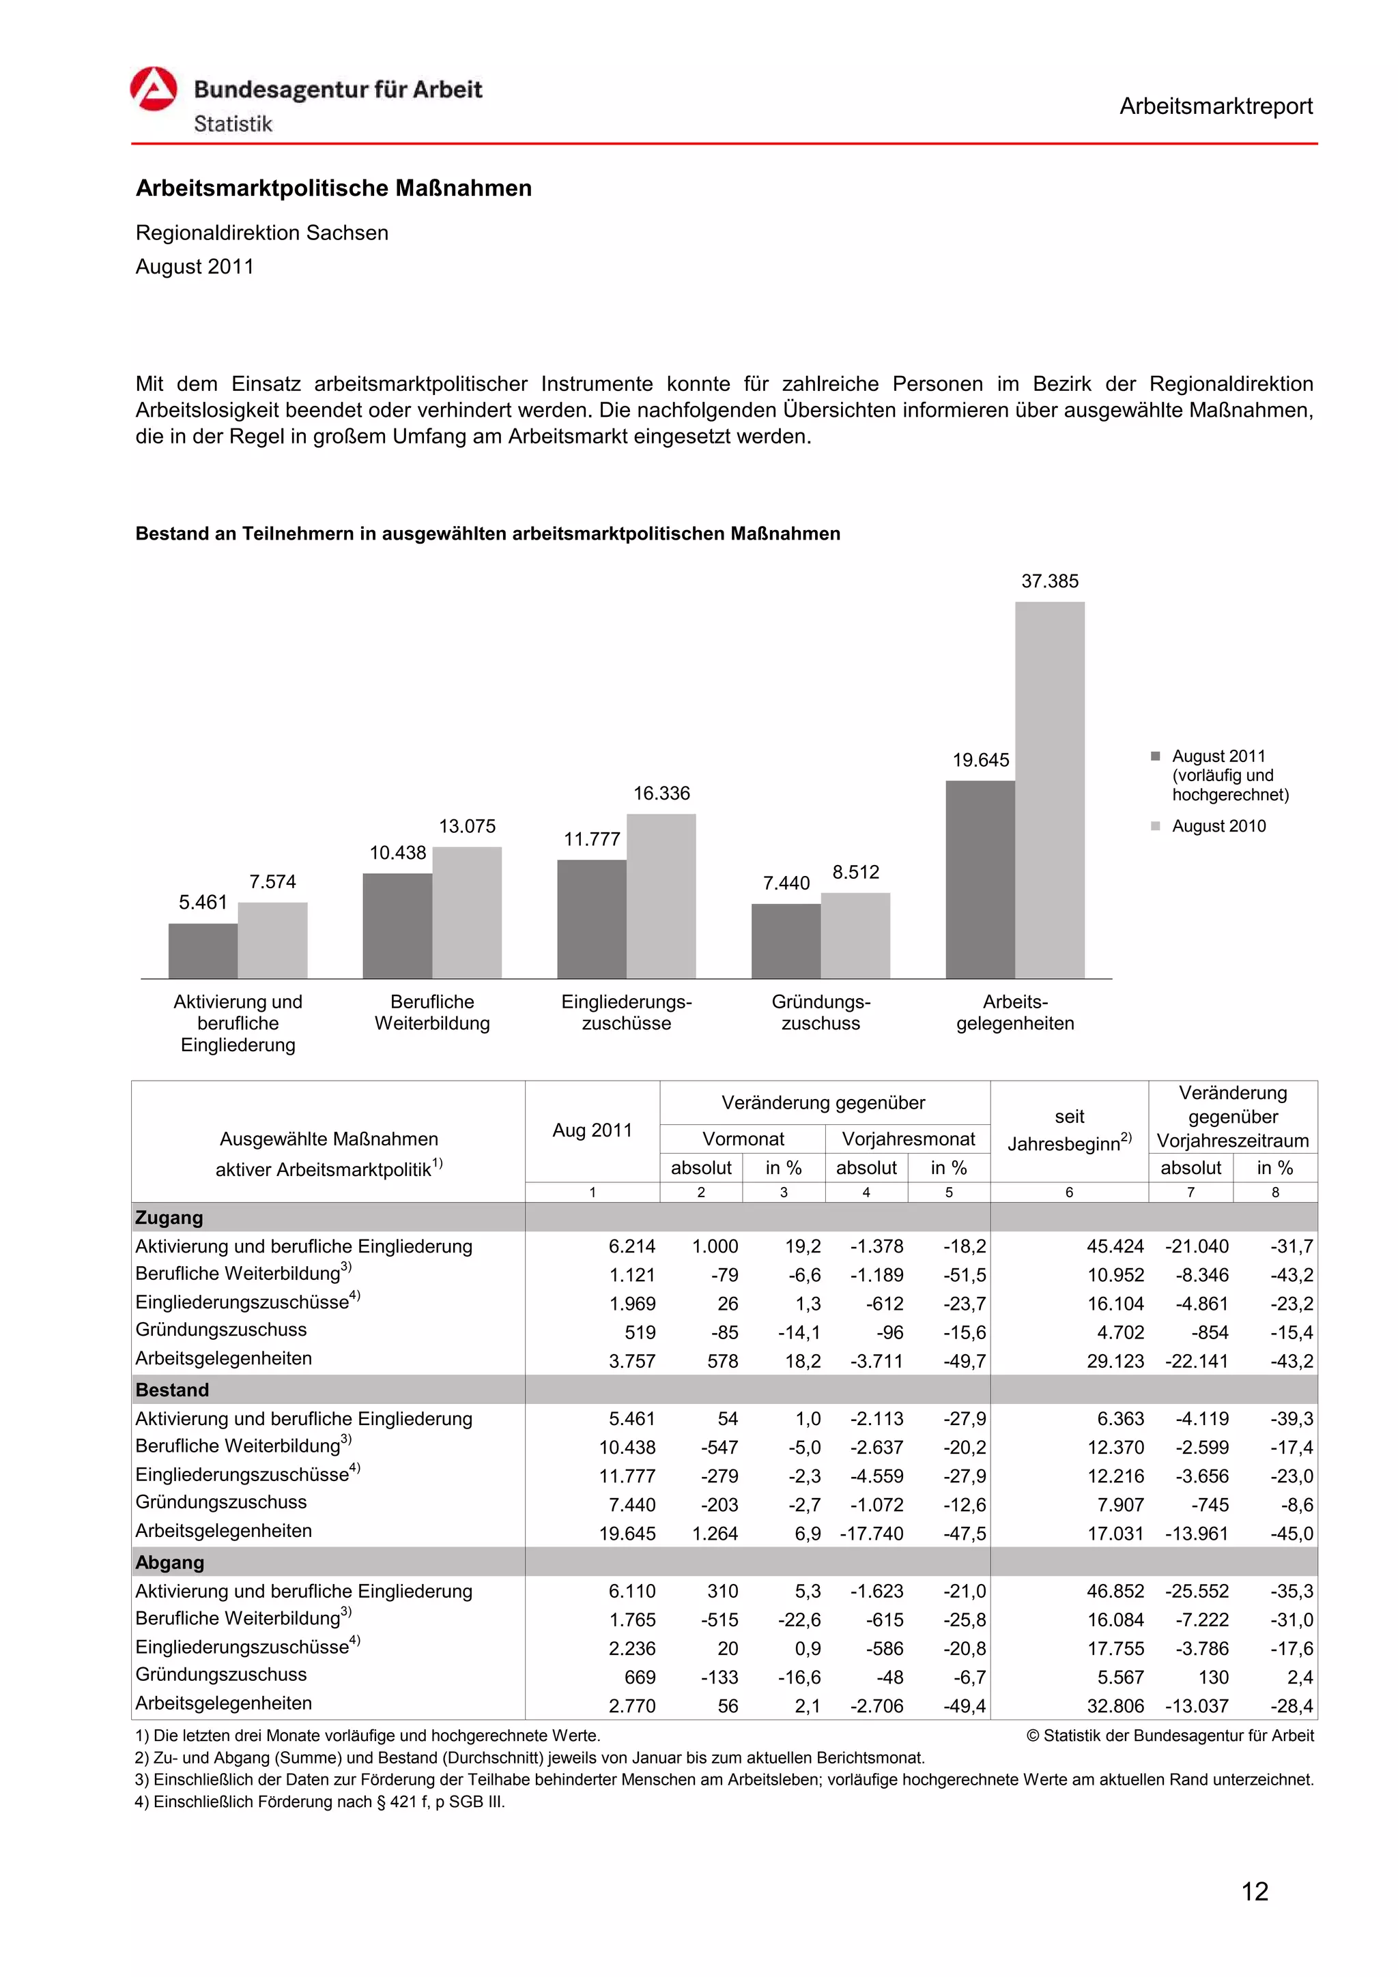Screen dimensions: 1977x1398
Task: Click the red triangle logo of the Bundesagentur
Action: [154, 89]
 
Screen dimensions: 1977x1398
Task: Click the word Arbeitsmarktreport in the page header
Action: [1214, 107]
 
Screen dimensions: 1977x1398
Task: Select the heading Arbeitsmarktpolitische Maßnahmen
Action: [333, 188]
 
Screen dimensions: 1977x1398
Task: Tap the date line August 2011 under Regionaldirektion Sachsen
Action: [195, 267]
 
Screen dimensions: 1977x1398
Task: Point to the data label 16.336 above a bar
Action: [661, 793]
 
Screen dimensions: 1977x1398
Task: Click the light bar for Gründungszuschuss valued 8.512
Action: [855, 935]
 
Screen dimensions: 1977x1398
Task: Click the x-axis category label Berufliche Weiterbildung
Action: [431, 1012]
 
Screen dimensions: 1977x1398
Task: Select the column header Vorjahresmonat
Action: [908, 1139]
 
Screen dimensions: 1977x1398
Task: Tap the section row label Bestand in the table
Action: [172, 1390]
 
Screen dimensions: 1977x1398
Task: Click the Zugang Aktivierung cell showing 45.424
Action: [1115, 1246]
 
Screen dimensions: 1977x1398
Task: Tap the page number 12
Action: [1254, 1892]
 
